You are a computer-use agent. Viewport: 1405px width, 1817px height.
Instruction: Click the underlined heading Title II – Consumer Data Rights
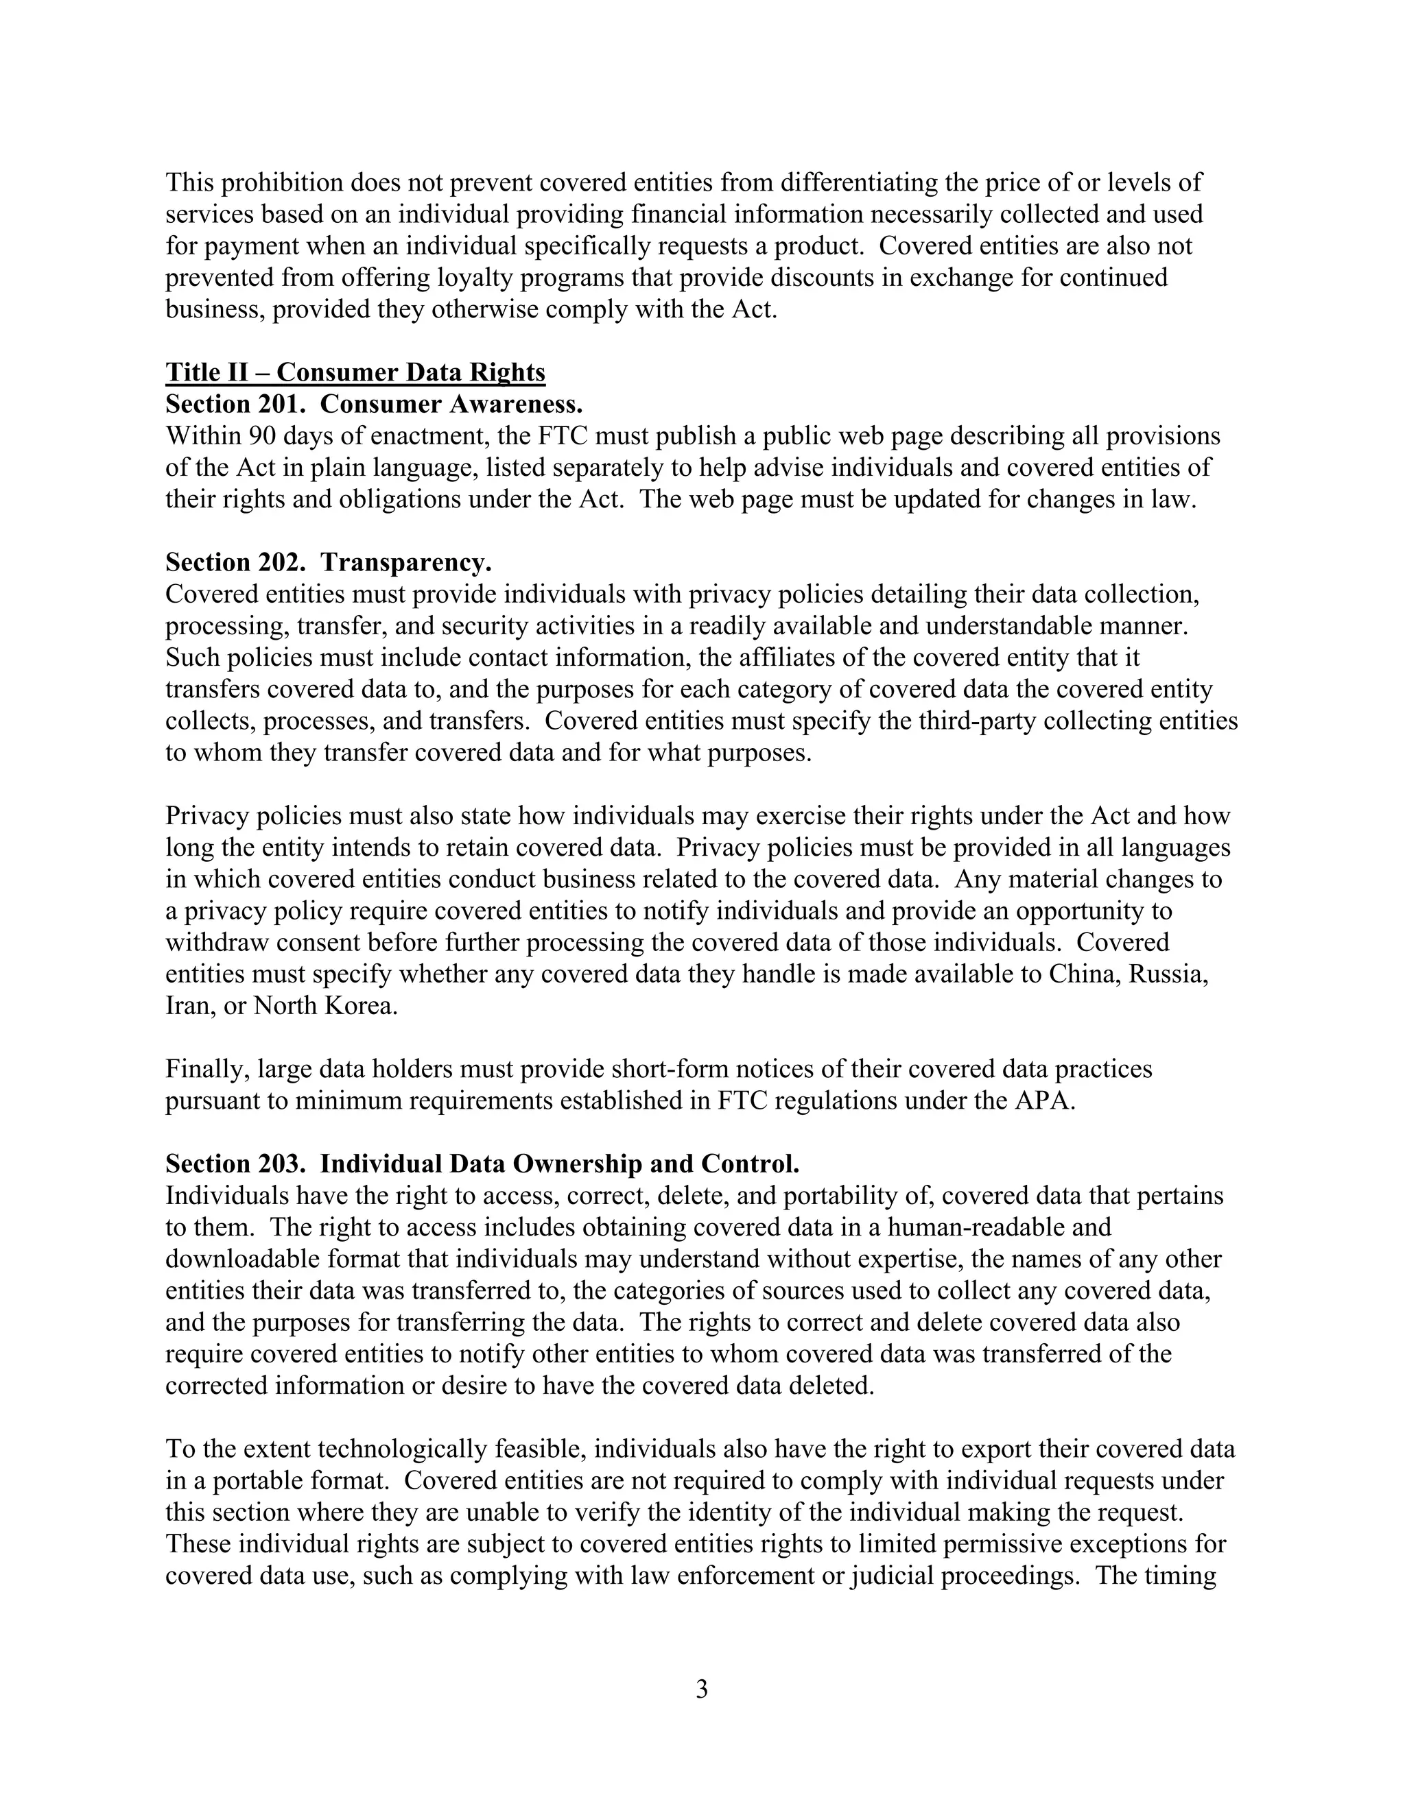[355, 372]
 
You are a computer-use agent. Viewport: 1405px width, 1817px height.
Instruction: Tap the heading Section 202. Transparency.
[329, 562]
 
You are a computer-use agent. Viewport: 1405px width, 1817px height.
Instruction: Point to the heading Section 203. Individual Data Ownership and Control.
[482, 1164]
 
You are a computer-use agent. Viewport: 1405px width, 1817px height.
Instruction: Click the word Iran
[187, 1006]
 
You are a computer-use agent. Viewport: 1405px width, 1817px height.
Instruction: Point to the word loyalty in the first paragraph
[468, 277]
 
